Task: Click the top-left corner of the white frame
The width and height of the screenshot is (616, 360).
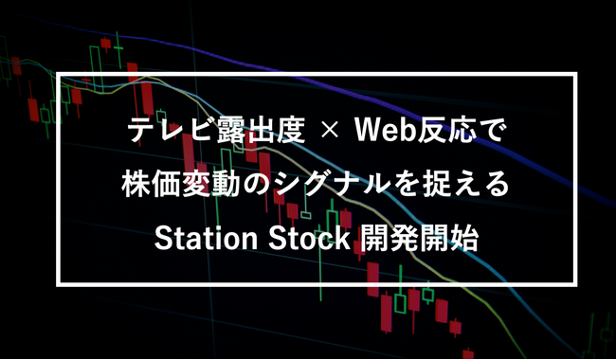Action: tap(62, 73)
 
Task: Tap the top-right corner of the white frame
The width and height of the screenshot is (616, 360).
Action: tap(578, 73)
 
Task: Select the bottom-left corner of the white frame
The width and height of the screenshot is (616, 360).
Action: tap(62, 281)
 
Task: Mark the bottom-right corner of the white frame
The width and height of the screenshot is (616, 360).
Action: tap(578, 281)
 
